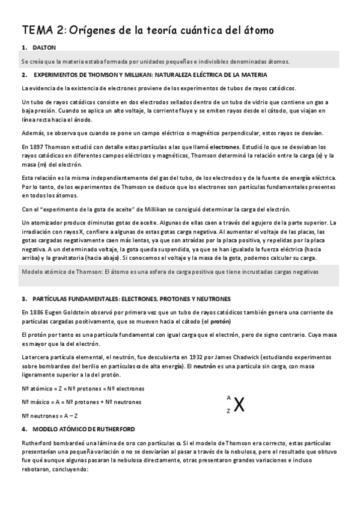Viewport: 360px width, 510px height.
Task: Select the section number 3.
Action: click(23, 298)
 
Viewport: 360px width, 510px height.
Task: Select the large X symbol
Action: click(239, 405)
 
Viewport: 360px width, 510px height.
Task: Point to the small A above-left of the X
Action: click(228, 398)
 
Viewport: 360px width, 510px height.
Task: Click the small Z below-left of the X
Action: click(228, 411)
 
